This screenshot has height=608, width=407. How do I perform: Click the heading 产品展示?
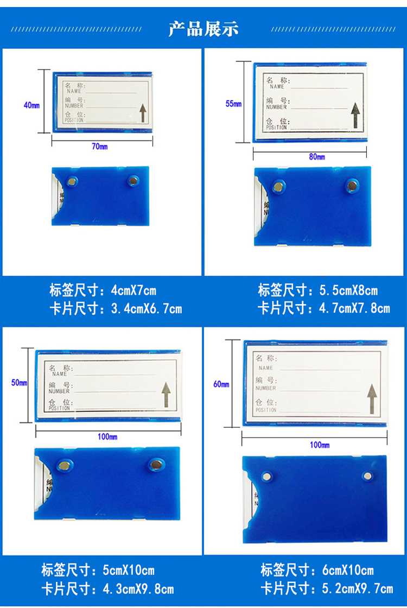203,29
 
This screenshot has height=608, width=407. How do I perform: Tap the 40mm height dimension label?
31,105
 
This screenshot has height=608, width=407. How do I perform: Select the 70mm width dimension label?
100,147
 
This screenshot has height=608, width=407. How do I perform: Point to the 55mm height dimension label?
233,104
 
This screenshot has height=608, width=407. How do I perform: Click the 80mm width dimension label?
317,157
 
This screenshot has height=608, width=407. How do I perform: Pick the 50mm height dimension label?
19,383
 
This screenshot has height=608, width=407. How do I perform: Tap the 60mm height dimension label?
221,384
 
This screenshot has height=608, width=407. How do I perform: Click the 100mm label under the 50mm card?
107,436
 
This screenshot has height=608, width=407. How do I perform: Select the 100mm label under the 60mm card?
320,445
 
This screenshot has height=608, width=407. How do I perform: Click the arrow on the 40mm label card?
143,113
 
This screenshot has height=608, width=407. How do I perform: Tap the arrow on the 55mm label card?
355,115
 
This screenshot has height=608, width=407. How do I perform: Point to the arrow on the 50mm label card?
166,394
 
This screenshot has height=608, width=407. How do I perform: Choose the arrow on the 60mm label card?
372,398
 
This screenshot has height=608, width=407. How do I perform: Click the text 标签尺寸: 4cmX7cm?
103,290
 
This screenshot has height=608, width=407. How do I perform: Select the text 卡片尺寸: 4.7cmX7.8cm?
323,308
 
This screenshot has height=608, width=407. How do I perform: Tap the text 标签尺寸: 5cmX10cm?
98,570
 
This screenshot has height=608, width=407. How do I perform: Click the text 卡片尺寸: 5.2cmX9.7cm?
326,588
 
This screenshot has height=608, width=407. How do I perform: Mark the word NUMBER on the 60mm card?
266,388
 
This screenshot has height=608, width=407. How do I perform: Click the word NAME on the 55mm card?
277,87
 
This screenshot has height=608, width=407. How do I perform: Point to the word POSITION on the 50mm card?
59,408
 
